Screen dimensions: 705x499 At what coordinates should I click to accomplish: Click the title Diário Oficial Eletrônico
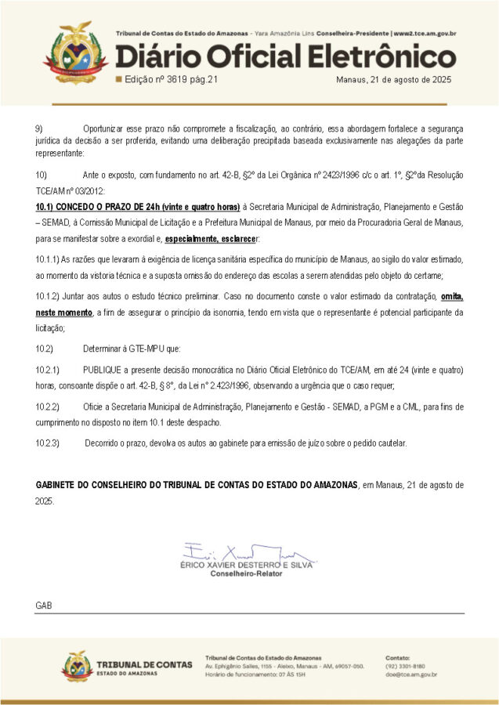point(285,56)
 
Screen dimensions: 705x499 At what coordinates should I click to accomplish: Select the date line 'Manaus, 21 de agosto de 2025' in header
point(393,80)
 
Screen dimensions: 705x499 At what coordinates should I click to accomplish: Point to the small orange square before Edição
point(118,80)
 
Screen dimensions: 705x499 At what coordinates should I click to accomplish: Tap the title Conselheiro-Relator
point(247,573)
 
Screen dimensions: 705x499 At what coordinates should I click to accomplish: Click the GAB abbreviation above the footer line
point(44,606)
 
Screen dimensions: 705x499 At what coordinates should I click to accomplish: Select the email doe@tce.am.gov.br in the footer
point(411,674)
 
